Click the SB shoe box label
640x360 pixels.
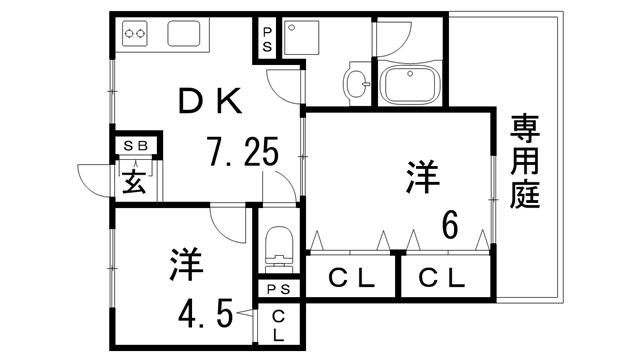point(135,146)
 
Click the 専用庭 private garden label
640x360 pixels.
point(525,161)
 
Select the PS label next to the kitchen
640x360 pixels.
point(268,40)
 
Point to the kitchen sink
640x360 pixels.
point(187,34)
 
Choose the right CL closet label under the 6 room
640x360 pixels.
point(442,277)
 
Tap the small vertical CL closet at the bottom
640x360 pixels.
point(277,324)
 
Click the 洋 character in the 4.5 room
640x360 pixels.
point(186,265)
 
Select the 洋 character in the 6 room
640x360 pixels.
point(423,178)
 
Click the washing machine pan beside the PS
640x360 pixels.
point(304,40)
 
